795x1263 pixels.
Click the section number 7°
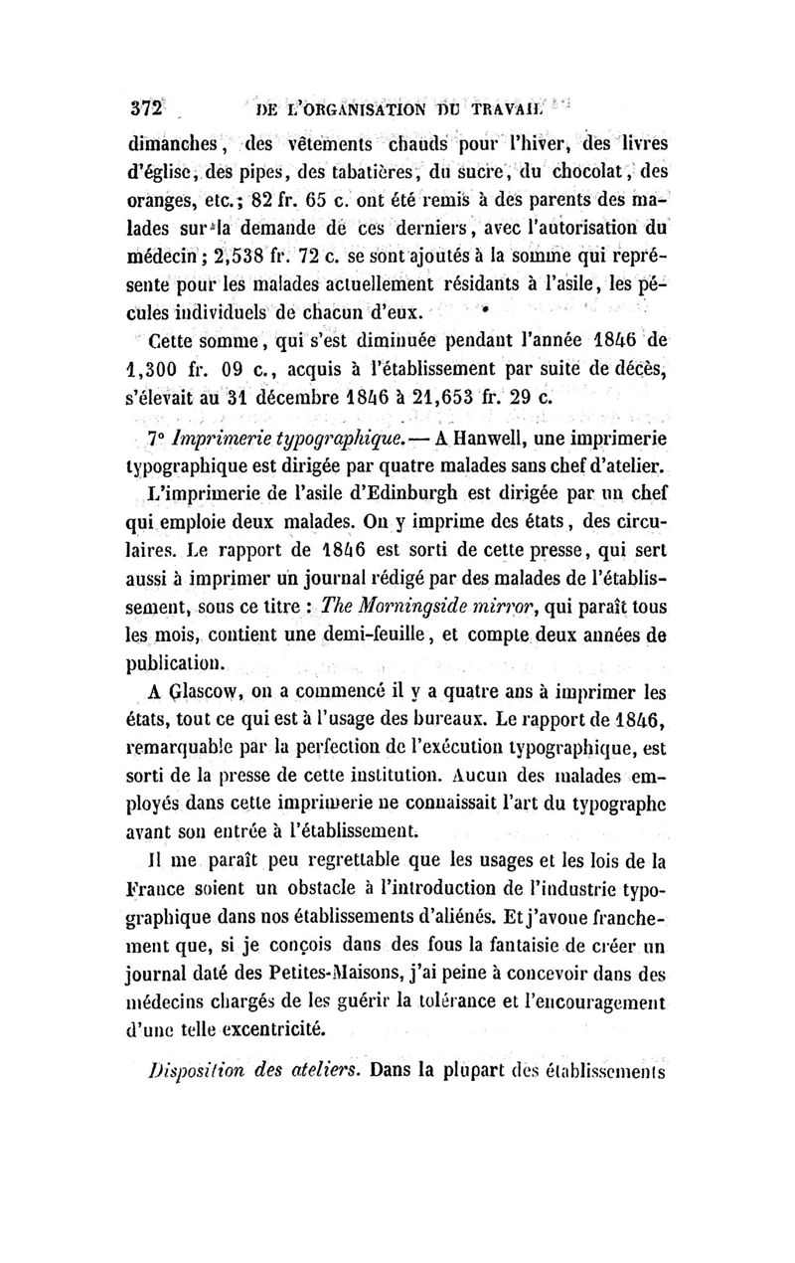click(x=153, y=439)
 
